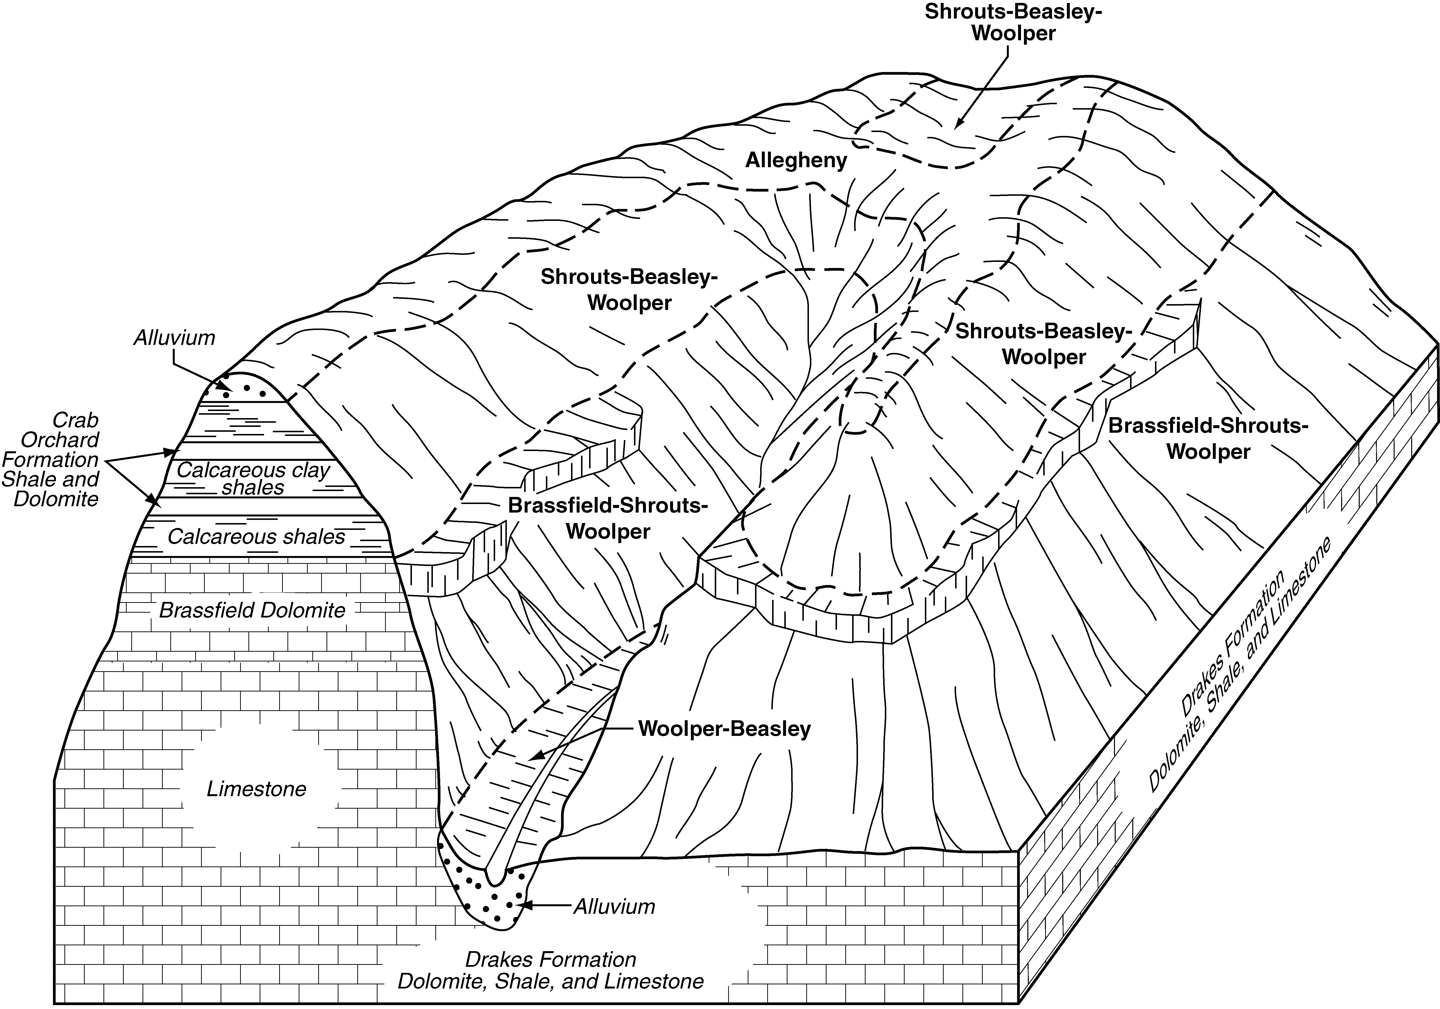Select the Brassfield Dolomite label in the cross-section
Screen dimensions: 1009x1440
(x=252, y=610)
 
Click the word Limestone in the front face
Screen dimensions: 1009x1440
(x=256, y=789)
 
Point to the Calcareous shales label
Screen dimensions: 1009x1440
(x=256, y=536)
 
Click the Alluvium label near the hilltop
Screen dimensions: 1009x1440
(x=174, y=338)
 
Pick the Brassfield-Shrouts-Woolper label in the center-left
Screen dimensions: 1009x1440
(x=608, y=518)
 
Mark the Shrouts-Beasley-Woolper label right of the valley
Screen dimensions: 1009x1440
(x=1044, y=344)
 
